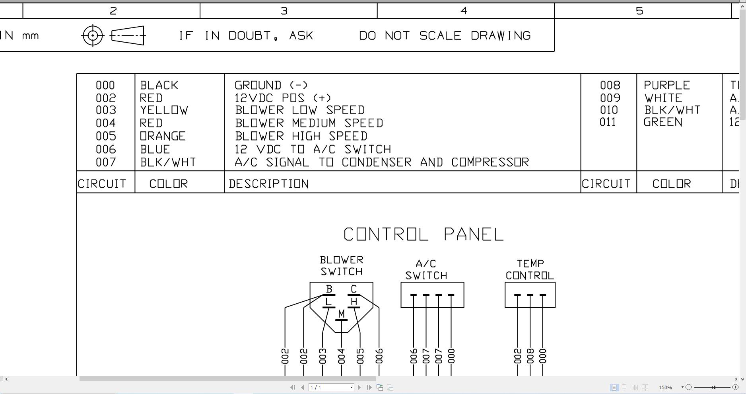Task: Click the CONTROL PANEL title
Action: point(424,234)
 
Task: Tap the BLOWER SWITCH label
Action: point(342,266)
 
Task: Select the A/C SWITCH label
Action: point(426,270)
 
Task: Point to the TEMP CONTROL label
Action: point(530,270)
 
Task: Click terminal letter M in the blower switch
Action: point(341,314)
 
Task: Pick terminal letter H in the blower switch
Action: point(354,302)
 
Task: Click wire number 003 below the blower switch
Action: point(322,356)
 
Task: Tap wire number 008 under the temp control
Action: point(530,356)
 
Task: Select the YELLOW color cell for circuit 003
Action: point(164,110)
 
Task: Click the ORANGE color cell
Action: point(163,136)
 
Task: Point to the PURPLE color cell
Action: point(667,85)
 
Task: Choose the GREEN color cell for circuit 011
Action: point(663,122)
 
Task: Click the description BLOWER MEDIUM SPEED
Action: point(309,123)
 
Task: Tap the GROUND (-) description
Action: point(271,85)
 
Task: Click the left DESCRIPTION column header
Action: point(269,183)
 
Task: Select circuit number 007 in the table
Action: point(106,162)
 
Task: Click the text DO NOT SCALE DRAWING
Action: point(445,35)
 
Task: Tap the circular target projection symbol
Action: point(93,35)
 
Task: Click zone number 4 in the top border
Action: point(464,11)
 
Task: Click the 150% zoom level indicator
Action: point(665,387)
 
